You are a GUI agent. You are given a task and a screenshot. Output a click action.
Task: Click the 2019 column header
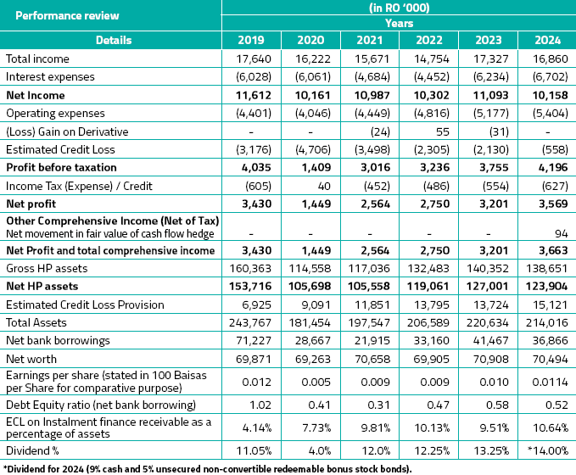[252, 39]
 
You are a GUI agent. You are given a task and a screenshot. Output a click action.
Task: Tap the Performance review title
[68, 15]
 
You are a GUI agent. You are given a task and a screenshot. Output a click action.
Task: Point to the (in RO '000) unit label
[400, 8]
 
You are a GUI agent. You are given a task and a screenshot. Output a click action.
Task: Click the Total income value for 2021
[369, 59]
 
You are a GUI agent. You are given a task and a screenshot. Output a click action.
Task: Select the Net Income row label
[36, 95]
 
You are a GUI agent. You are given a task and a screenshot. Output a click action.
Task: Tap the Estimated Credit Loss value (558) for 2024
[549, 149]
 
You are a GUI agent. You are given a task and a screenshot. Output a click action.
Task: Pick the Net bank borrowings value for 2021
[369, 340]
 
